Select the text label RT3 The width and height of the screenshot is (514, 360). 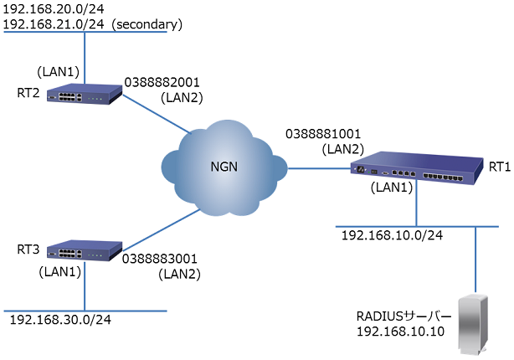point(28,249)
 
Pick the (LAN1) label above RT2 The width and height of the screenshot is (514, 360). point(60,71)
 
